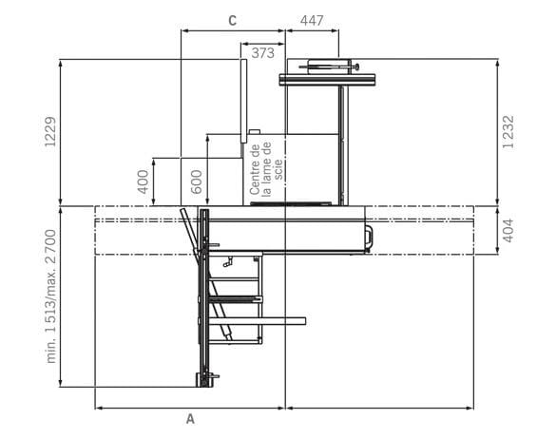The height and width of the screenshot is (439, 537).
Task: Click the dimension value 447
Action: tap(312, 21)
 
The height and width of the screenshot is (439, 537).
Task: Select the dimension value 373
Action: tap(263, 53)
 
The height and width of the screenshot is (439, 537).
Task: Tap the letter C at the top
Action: tap(233, 21)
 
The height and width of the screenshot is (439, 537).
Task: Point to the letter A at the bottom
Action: tap(190, 419)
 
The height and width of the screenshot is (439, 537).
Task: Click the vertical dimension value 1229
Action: tap(50, 132)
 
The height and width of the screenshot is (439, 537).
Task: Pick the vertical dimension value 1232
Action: tap(508, 132)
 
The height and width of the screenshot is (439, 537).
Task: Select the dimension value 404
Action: tap(508, 231)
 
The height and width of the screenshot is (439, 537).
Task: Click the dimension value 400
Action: tap(144, 181)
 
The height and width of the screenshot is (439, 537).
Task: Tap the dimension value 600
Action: tap(197, 181)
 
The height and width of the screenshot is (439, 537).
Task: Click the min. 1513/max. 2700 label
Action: tap(50, 296)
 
